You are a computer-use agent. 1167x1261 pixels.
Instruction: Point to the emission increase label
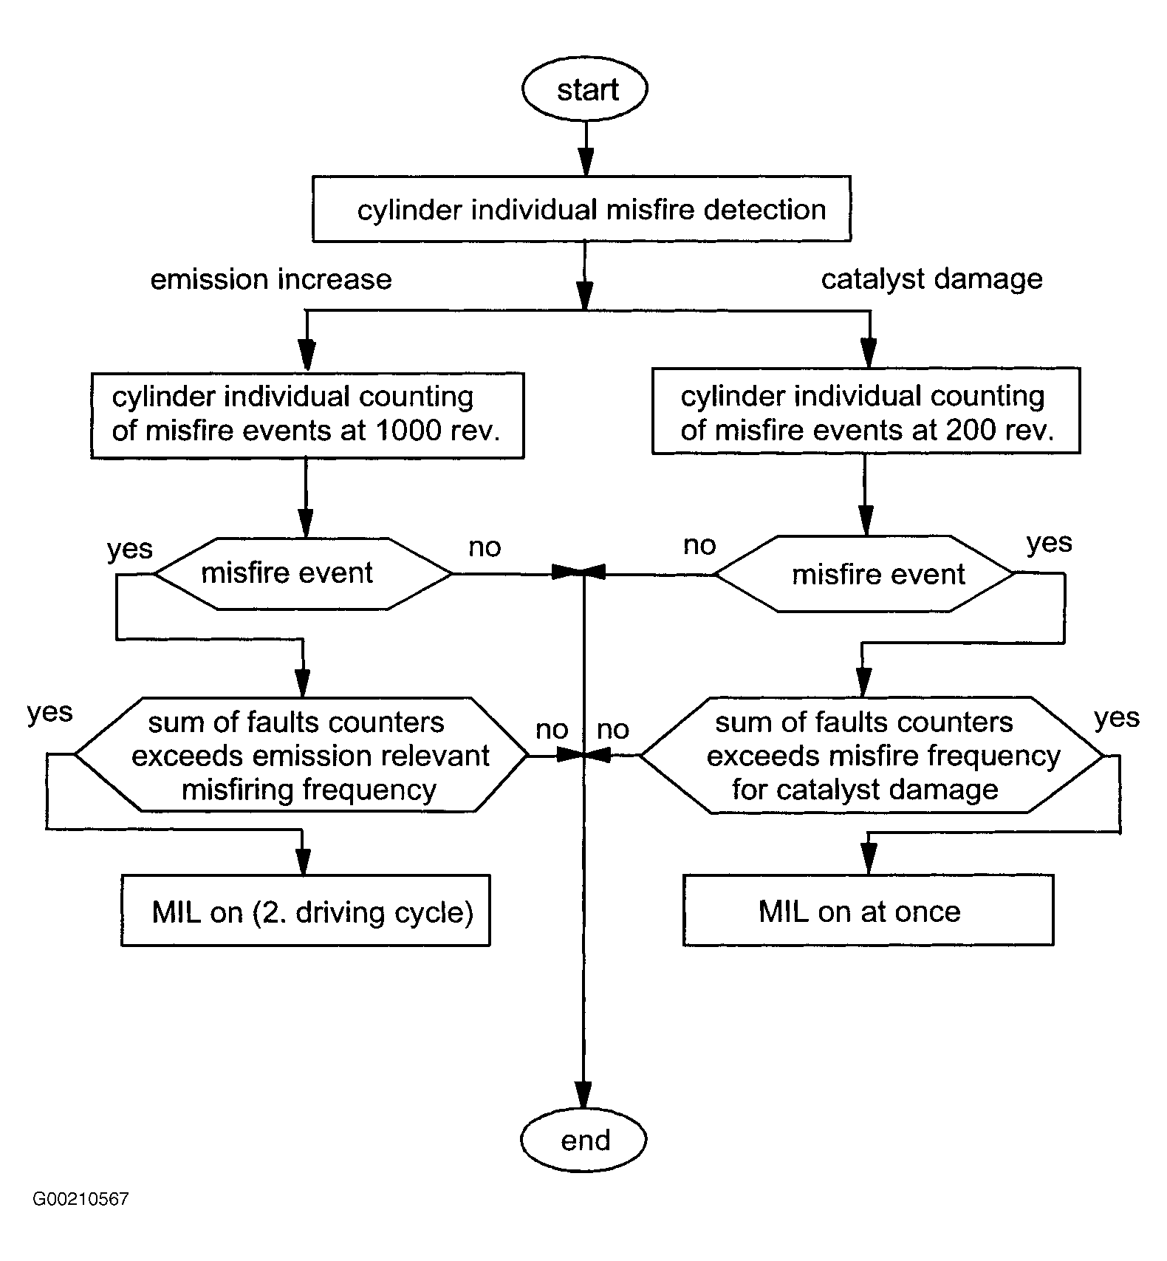pos(271,279)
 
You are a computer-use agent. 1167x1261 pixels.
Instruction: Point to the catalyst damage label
pos(932,279)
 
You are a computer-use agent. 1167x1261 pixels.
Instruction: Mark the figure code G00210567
pos(81,1220)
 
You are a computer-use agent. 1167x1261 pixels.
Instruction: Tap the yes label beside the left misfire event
pos(130,550)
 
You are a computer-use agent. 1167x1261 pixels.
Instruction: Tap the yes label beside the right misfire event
pos(1050,544)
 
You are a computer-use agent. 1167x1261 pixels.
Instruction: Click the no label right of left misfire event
pos(485,547)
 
